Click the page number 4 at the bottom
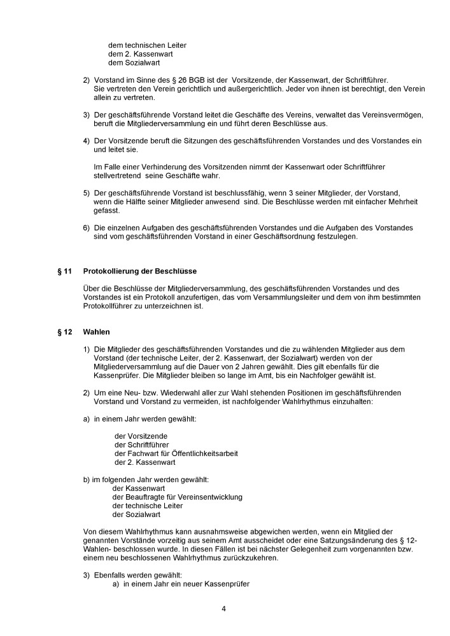click(x=224, y=608)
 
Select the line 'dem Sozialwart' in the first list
click(x=134, y=63)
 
